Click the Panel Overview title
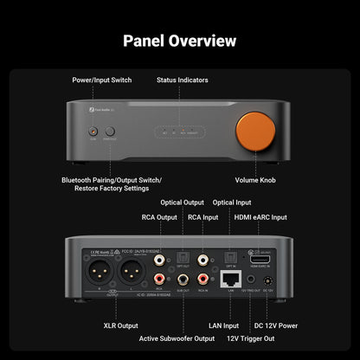[180, 41]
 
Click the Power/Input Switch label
[102, 80]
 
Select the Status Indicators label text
[182, 80]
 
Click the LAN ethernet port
[229, 279]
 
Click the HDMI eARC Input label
[260, 217]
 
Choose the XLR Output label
[116, 326]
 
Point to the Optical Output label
[183, 202]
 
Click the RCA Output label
[159, 217]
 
